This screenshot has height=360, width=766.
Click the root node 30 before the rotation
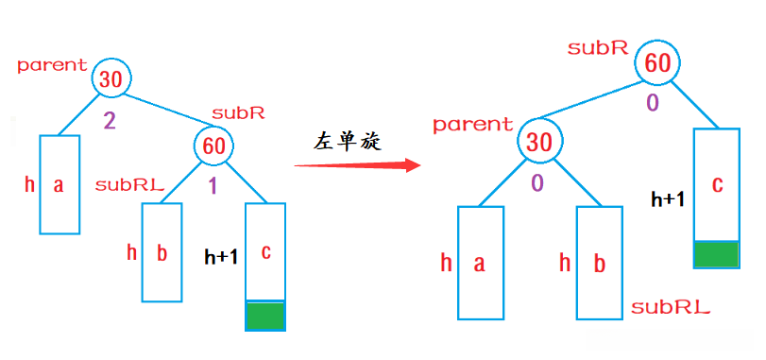tap(111, 80)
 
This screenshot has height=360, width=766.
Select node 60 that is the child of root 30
tap(213, 146)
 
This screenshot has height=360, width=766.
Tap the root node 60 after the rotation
tap(657, 64)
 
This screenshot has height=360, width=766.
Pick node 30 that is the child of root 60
tap(538, 143)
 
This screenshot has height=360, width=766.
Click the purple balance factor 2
tap(109, 121)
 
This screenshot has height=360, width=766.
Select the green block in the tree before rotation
tap(265, 316)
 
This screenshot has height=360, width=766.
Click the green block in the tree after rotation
tap(716, 254)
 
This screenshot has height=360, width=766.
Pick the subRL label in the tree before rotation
tap(130, 185)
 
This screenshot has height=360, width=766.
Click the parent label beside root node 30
tap(52, 65)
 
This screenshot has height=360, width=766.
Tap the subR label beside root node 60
tap(599, 47)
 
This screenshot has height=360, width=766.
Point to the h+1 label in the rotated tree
tap(669, 199)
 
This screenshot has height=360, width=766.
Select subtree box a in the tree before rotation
tap(59, 184)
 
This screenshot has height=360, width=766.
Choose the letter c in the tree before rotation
tap(265, 252)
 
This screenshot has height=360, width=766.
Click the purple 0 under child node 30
tap(537, 183)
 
